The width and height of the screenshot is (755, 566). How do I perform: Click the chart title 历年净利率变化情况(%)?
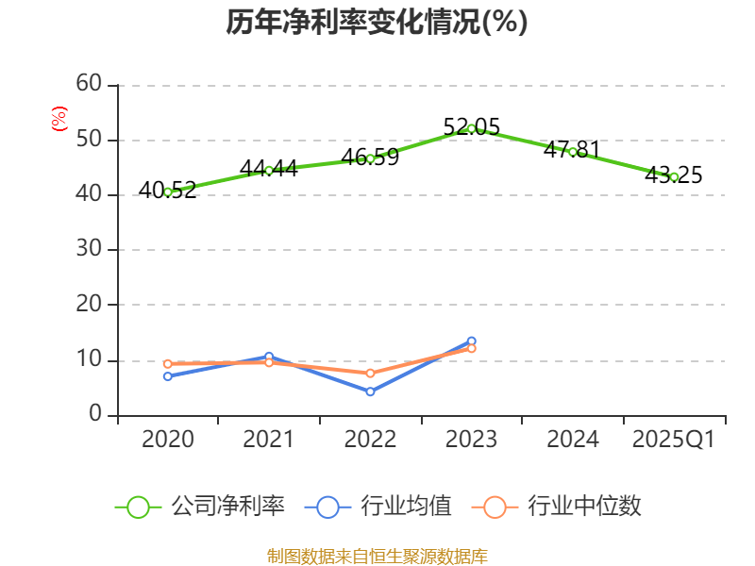pos(377,22)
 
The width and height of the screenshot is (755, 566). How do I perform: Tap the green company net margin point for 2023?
pos(471,128)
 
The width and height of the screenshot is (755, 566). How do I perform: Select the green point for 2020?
pos(168,191)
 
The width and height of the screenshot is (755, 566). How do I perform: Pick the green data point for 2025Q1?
pos(674,176)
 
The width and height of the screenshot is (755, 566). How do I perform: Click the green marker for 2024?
pos(573,151)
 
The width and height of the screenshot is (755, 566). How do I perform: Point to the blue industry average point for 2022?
pos(370,391)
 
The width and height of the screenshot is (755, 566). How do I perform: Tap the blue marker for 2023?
pos(471,341)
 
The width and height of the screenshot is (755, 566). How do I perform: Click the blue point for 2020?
pos(168,375)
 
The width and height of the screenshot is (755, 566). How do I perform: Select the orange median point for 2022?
pos(370,374)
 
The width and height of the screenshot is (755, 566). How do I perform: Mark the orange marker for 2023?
pos(471,349)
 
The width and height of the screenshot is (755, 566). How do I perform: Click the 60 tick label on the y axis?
pos(89,84)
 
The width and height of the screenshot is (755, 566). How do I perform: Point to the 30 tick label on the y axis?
pos(89,250)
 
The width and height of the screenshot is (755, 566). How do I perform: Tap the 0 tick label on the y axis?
pos(95,414)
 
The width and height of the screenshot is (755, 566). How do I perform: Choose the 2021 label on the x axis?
pos(269,440)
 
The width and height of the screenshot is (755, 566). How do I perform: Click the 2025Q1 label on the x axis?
pos(674,440)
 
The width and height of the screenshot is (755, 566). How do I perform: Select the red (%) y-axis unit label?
pos(59,119)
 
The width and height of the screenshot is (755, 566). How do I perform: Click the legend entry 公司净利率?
pos(200,507)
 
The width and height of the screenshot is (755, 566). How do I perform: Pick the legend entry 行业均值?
pos(378,507)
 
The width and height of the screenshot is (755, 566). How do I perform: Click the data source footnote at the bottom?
pos(377,556)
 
